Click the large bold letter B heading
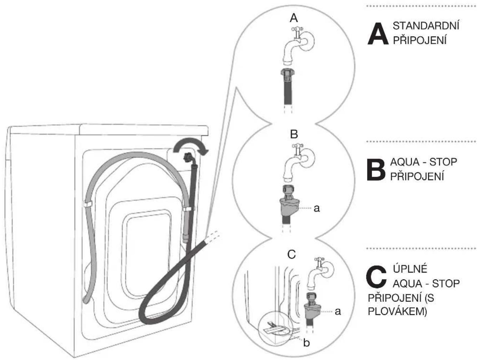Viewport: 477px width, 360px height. [x=376, y=170]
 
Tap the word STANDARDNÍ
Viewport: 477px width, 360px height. [x=426, y=26]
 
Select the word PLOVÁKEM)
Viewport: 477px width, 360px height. [x=397, y=312]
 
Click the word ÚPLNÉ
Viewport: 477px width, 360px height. [x=410, y=269]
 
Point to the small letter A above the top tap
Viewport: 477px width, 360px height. [x=294, y=19]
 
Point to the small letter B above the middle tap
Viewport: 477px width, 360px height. [x=294, y=134]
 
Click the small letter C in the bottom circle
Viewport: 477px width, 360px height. [x=291, y=255]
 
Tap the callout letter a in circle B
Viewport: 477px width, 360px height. [x=316, y=209]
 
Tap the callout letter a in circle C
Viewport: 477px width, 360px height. [x=338, y=312]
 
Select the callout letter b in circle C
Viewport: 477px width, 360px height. [x=306, y=343]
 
